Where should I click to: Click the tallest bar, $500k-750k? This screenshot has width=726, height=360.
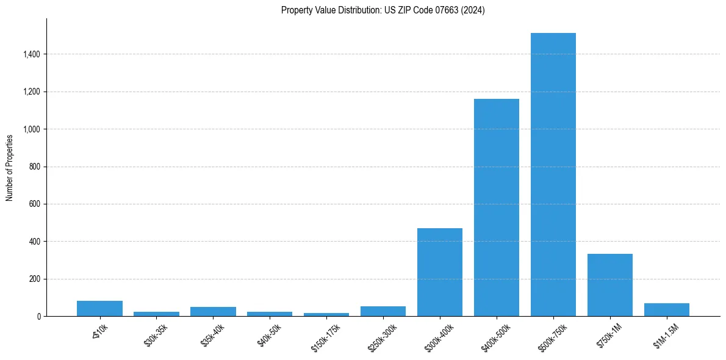tap(553, 175)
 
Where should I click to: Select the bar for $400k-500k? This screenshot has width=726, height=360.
tap(496, 207)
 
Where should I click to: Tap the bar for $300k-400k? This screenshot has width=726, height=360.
tap(439, 272)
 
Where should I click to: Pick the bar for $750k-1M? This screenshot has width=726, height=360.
tap(609, 285)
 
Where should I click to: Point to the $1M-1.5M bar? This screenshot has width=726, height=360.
tap(666, 310)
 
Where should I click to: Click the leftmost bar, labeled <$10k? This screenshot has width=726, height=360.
tap(99, 309)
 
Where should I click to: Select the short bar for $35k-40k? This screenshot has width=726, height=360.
tap(213, 312)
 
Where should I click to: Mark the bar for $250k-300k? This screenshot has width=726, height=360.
tap(383, 311)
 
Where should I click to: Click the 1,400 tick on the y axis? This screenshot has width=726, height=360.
tap(31, 54)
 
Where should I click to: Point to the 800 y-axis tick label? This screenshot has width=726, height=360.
tap(34, 167)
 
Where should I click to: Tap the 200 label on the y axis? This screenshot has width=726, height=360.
tap(34, 279)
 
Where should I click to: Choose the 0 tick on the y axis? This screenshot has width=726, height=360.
tap(38, 317)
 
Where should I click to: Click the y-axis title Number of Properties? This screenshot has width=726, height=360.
tap(10, 167)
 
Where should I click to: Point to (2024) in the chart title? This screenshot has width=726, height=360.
tap(473, 10)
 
